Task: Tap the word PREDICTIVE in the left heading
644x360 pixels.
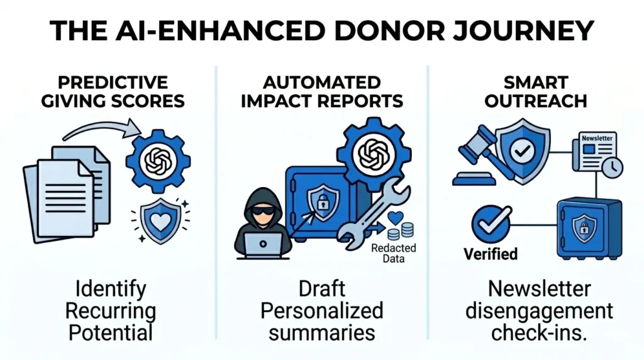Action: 113,82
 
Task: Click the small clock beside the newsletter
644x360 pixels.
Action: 612,167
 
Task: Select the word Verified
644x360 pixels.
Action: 491,254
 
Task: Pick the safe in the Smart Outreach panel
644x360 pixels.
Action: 587,227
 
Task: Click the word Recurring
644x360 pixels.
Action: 111,311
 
